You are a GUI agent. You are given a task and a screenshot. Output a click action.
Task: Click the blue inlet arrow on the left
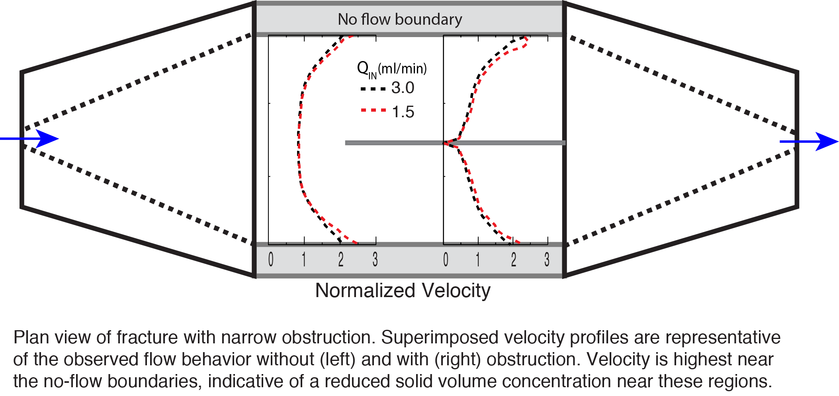click(x=29, y=139)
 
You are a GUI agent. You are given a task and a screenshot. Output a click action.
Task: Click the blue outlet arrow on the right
click(x=809, y=141)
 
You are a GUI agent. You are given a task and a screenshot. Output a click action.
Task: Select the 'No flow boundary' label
click(x=400, y=19)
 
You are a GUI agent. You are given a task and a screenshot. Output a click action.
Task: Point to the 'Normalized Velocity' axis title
click(x=403, y=290)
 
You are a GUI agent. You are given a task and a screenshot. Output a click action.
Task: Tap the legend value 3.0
click(x=403, y=88)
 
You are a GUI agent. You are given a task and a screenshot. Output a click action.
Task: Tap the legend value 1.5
click(x=403, y=112)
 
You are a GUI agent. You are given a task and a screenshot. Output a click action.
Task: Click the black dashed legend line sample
click(x=373, y=89)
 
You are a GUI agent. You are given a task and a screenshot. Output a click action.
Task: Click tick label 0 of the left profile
click(x=271, y=259)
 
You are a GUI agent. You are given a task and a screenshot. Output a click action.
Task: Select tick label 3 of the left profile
click(x=375, y=259)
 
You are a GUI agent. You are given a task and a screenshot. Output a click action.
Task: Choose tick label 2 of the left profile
click(x=341, y=259)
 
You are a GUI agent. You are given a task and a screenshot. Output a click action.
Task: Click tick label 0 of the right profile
click(x=446, y=259)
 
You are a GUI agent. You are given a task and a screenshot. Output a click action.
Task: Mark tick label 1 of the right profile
click(x=478, y=259)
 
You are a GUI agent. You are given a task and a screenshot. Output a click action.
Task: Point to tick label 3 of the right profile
click(x=547, y=259)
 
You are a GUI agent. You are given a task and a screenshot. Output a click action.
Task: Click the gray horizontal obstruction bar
click(x=455, y=142)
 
